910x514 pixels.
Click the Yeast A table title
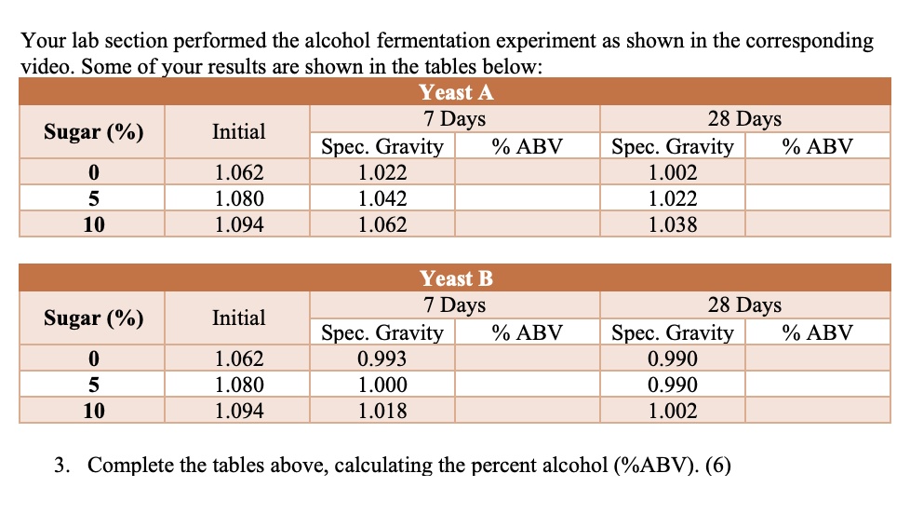(456, 92)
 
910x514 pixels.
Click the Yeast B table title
(456, 278)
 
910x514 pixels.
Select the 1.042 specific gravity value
(382, 198)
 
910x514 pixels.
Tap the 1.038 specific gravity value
(673, 224)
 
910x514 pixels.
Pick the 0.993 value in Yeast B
(382, 358)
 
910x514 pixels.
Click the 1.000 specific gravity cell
(382, 385)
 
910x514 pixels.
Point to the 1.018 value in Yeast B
(382, 411)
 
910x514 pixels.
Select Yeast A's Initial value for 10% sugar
(239, 224)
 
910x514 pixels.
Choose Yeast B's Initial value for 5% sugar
(239, 385)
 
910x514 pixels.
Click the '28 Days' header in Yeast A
(744, 119)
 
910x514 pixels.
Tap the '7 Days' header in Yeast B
(454, 305)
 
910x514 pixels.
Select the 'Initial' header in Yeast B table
(239, 318)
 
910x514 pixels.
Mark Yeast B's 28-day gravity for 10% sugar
(673, 411)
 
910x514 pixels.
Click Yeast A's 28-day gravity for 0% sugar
(673, 172)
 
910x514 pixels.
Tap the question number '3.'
(62, 466)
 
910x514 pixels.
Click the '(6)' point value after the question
(717, 466)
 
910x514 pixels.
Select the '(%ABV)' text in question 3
(656, 466)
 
